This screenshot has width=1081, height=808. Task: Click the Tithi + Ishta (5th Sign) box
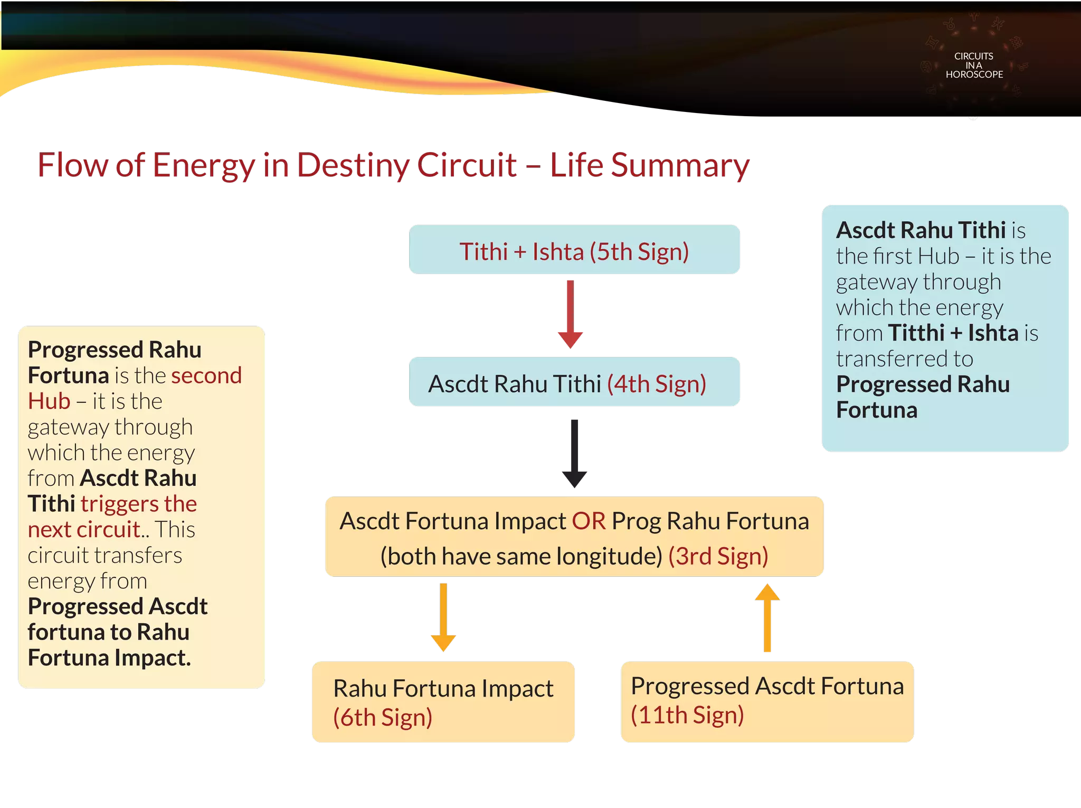pyautogui.click(x=574, y=250)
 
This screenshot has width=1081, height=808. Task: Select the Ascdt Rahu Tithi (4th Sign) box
pyautogui.click(x=574, y=382)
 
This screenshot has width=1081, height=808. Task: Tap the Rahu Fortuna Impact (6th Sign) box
pyautogui.click(x=443, y=702)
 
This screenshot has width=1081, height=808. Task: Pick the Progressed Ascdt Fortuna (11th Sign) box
pyautogui.click(x=767, y=701)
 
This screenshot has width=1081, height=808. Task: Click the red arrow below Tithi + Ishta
pyautogui.click(x=571, y=314)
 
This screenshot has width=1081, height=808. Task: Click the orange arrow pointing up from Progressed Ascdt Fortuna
pyautogui.click(x=767, y=618)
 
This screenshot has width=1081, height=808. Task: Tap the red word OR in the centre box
pyautogui.click(x=589, y=521)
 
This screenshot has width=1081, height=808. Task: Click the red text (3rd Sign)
pyautogui.click(x=718, y=556)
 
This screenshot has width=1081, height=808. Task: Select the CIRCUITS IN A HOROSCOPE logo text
pyautogui.click(x=974, y=65)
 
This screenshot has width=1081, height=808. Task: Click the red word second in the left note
pyautogui.click(x=206, y=375)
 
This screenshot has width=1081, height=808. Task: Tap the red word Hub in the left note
pyautogui.click(x=49, y=401)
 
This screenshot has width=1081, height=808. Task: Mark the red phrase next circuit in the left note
pyautogui.click(x=84, y=530)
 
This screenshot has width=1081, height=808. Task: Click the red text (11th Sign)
pyautogui.click(x=687, y=715)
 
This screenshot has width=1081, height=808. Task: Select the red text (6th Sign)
pyautogui.click(x=383, y=718)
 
